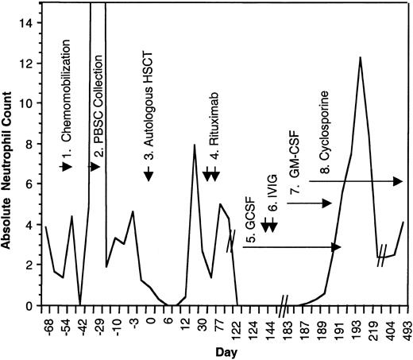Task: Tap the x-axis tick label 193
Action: (x=361, y=327)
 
